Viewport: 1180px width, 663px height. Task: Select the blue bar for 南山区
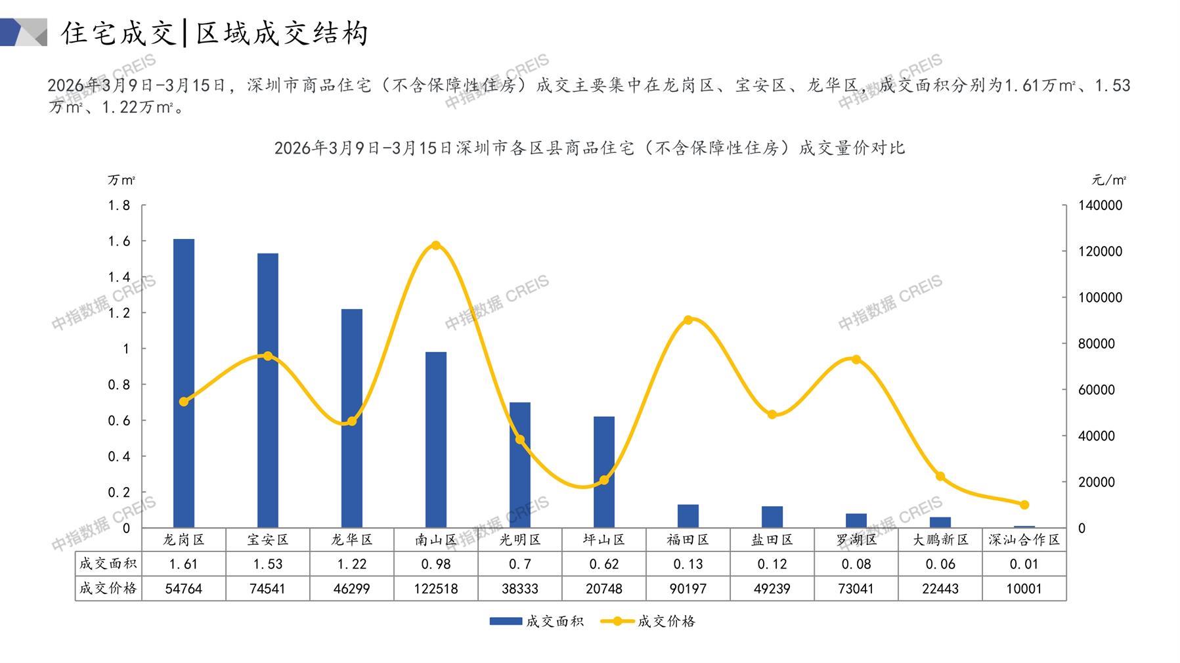436,439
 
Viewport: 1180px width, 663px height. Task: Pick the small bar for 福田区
688,516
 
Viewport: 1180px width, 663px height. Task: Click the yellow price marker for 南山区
436,246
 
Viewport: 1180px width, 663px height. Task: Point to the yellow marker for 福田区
688,320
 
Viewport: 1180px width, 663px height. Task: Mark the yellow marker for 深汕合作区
1024,505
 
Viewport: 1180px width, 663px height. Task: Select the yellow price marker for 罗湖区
856,360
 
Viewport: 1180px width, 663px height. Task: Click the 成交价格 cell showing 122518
436,589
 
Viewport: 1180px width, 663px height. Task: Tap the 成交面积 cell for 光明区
520,564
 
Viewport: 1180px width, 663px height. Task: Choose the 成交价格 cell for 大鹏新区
940,589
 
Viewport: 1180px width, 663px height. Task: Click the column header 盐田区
772,540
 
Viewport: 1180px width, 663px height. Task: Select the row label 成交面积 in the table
108,564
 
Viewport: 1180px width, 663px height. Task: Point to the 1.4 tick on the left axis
119,277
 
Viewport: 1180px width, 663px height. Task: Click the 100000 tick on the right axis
1101,297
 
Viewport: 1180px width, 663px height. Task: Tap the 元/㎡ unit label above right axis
1109,180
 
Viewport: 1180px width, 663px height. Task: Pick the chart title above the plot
589,148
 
